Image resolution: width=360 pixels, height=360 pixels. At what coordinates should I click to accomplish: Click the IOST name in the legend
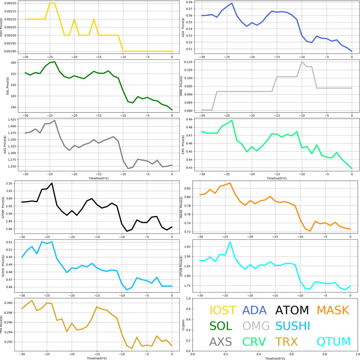223,310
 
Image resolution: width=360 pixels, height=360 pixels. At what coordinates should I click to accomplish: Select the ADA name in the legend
255,310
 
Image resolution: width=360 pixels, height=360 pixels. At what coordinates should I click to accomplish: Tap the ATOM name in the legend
292,310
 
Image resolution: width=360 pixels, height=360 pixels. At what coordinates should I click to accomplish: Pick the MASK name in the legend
333,310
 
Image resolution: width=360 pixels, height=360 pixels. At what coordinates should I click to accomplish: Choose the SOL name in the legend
221,326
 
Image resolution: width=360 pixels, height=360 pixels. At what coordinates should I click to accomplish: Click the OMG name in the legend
256,326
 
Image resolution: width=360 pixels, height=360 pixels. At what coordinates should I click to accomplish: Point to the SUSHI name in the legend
292,326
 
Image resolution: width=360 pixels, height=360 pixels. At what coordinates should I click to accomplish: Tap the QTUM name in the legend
334,341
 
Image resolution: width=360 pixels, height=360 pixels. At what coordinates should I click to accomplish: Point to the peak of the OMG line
302,62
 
